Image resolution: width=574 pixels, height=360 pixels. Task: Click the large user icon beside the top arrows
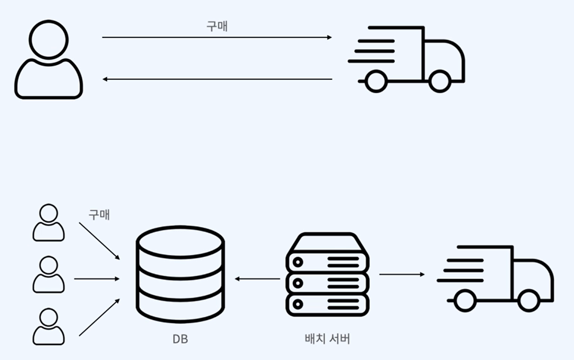[48, 60]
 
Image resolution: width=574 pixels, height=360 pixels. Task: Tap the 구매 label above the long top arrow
[217, 27]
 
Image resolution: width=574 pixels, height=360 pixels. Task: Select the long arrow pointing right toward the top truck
[217, 37]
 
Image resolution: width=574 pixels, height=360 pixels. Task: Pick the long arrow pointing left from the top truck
[217, 79]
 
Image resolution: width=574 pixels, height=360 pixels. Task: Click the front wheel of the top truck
[439, 82]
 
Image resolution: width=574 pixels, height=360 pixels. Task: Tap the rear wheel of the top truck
[375, 82]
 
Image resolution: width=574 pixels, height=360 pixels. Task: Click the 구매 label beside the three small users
[99, 214]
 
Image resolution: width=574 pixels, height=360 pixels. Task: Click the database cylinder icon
[180, 273]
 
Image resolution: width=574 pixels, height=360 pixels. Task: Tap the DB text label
[180, 339]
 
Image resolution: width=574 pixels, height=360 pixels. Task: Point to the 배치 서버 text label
[327, 339]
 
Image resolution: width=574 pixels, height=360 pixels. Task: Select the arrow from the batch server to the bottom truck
[402, 274]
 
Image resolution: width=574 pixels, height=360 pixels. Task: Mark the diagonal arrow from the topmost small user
[99, 241]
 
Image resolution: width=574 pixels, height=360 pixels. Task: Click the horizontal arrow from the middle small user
[97, 279]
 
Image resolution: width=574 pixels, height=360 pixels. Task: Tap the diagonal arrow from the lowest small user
[99, 317]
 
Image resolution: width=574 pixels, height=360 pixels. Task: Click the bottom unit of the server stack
[327, 305]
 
